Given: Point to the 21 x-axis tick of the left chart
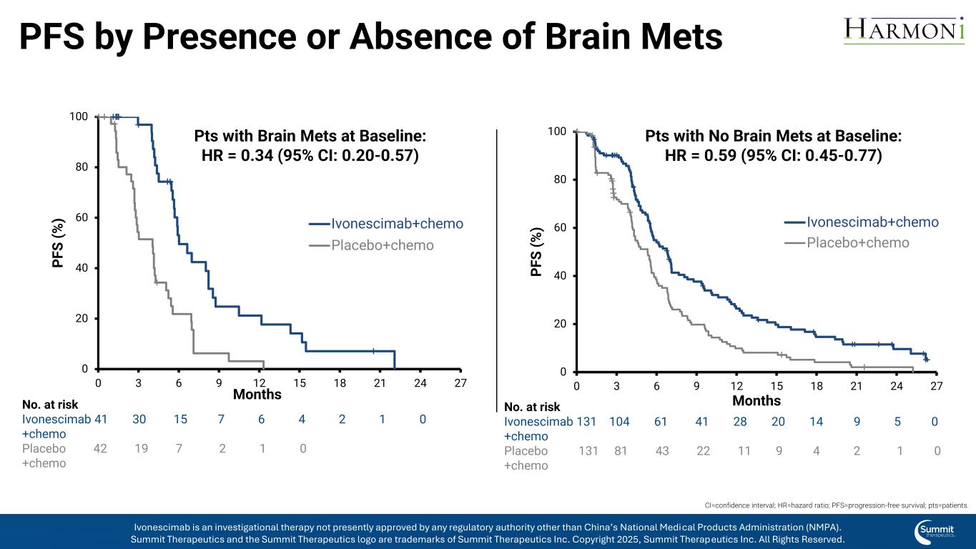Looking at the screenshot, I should tap(380, 383).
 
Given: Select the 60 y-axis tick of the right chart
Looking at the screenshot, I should tap(561, 228).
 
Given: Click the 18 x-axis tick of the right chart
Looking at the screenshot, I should tap(817, 386).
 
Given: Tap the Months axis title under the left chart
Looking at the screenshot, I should tap(257, 395).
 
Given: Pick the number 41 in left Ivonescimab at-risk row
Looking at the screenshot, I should tap(101, 420).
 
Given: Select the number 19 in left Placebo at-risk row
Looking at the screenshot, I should tap(141, 449).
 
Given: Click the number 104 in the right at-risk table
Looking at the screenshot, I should tap(619, 422).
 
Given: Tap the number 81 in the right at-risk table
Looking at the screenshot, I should tap(621, 451).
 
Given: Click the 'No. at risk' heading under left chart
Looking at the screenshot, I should tap(50, 405).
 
